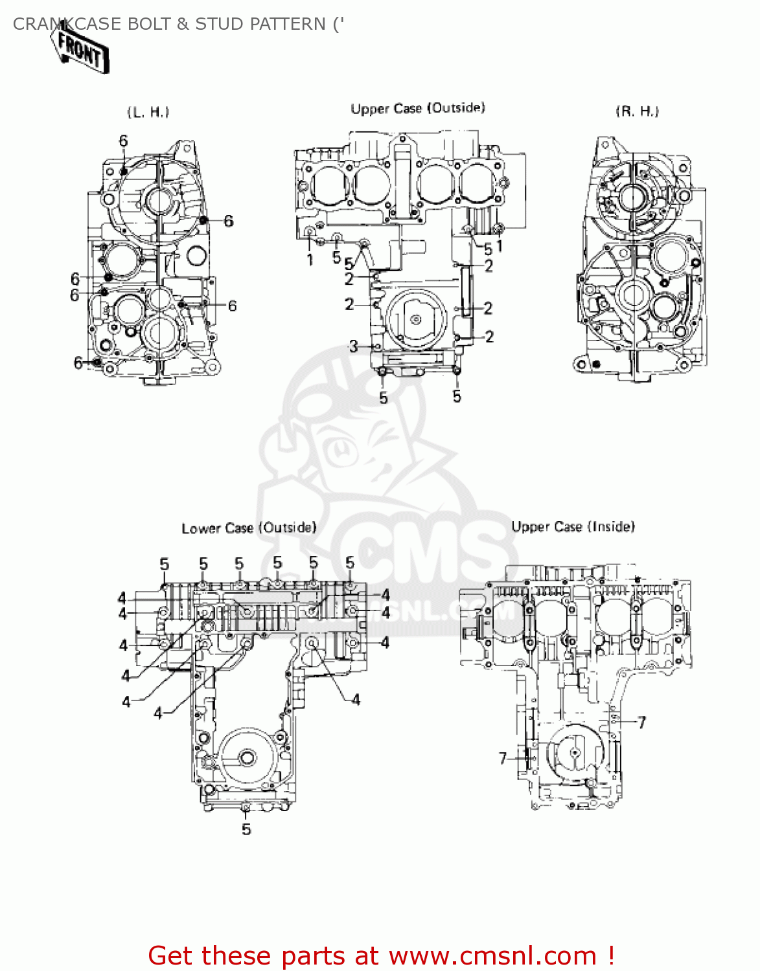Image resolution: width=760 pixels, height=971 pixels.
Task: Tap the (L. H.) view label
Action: (x=148, y=112)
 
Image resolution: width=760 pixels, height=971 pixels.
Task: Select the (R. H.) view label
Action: (x=637, y=111)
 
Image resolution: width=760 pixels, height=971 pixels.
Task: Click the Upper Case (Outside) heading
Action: (x=418, y=108)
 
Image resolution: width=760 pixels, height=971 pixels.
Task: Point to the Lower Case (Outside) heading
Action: (x=249, y=528)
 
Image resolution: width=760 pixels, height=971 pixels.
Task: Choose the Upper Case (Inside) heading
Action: (x=573, y=527)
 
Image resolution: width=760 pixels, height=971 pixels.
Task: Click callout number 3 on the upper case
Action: (x=353, y=346)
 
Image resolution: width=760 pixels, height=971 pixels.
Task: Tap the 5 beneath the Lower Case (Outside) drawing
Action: (x=246, y=829)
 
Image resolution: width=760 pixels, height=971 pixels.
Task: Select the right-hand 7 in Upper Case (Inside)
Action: (x=641, y=722)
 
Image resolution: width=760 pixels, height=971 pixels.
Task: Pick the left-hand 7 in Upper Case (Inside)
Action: (x=503, y=758)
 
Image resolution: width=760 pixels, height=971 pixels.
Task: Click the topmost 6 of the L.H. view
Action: (x=123, y=141)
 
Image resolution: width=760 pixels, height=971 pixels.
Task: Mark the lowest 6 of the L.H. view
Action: (x=78, y=363)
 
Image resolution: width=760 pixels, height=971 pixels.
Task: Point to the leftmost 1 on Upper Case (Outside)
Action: (x=310, y=260)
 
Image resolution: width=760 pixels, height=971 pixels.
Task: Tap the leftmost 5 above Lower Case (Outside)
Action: (x=164, y=564)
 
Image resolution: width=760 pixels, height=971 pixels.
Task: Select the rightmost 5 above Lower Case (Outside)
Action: (x=350, y=563)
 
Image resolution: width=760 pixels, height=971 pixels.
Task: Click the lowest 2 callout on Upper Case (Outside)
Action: (x=489, y=337)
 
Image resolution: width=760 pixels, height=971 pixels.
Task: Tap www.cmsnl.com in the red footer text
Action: (x=492, y=956)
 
